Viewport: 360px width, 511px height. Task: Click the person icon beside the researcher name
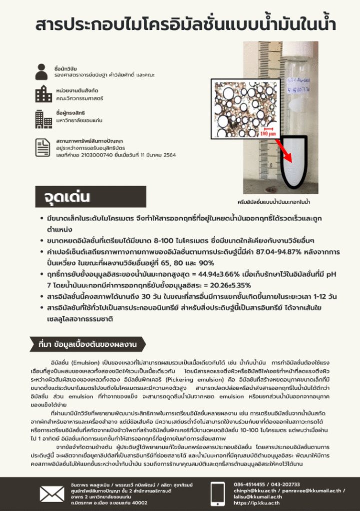click(x=42, y=71)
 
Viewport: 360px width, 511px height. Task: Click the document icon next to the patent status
click(x=42, y=147)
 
